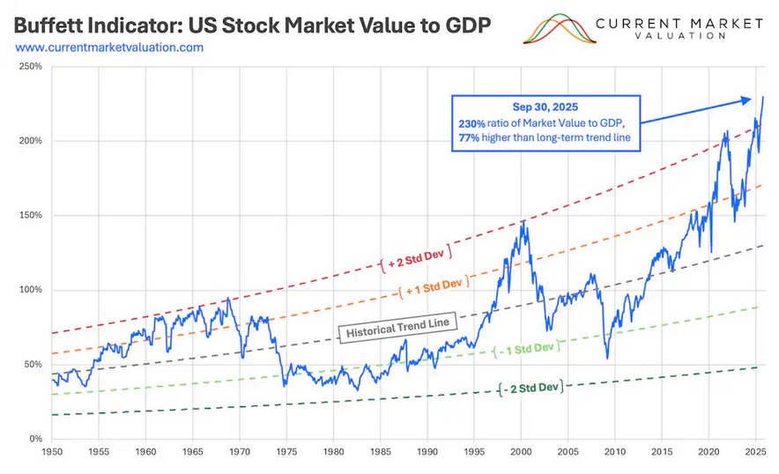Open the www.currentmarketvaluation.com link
pos(109,47)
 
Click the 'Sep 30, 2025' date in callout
pos(545,107)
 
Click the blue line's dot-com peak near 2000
pos(524,221)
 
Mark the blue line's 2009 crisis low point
pos(608,358)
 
